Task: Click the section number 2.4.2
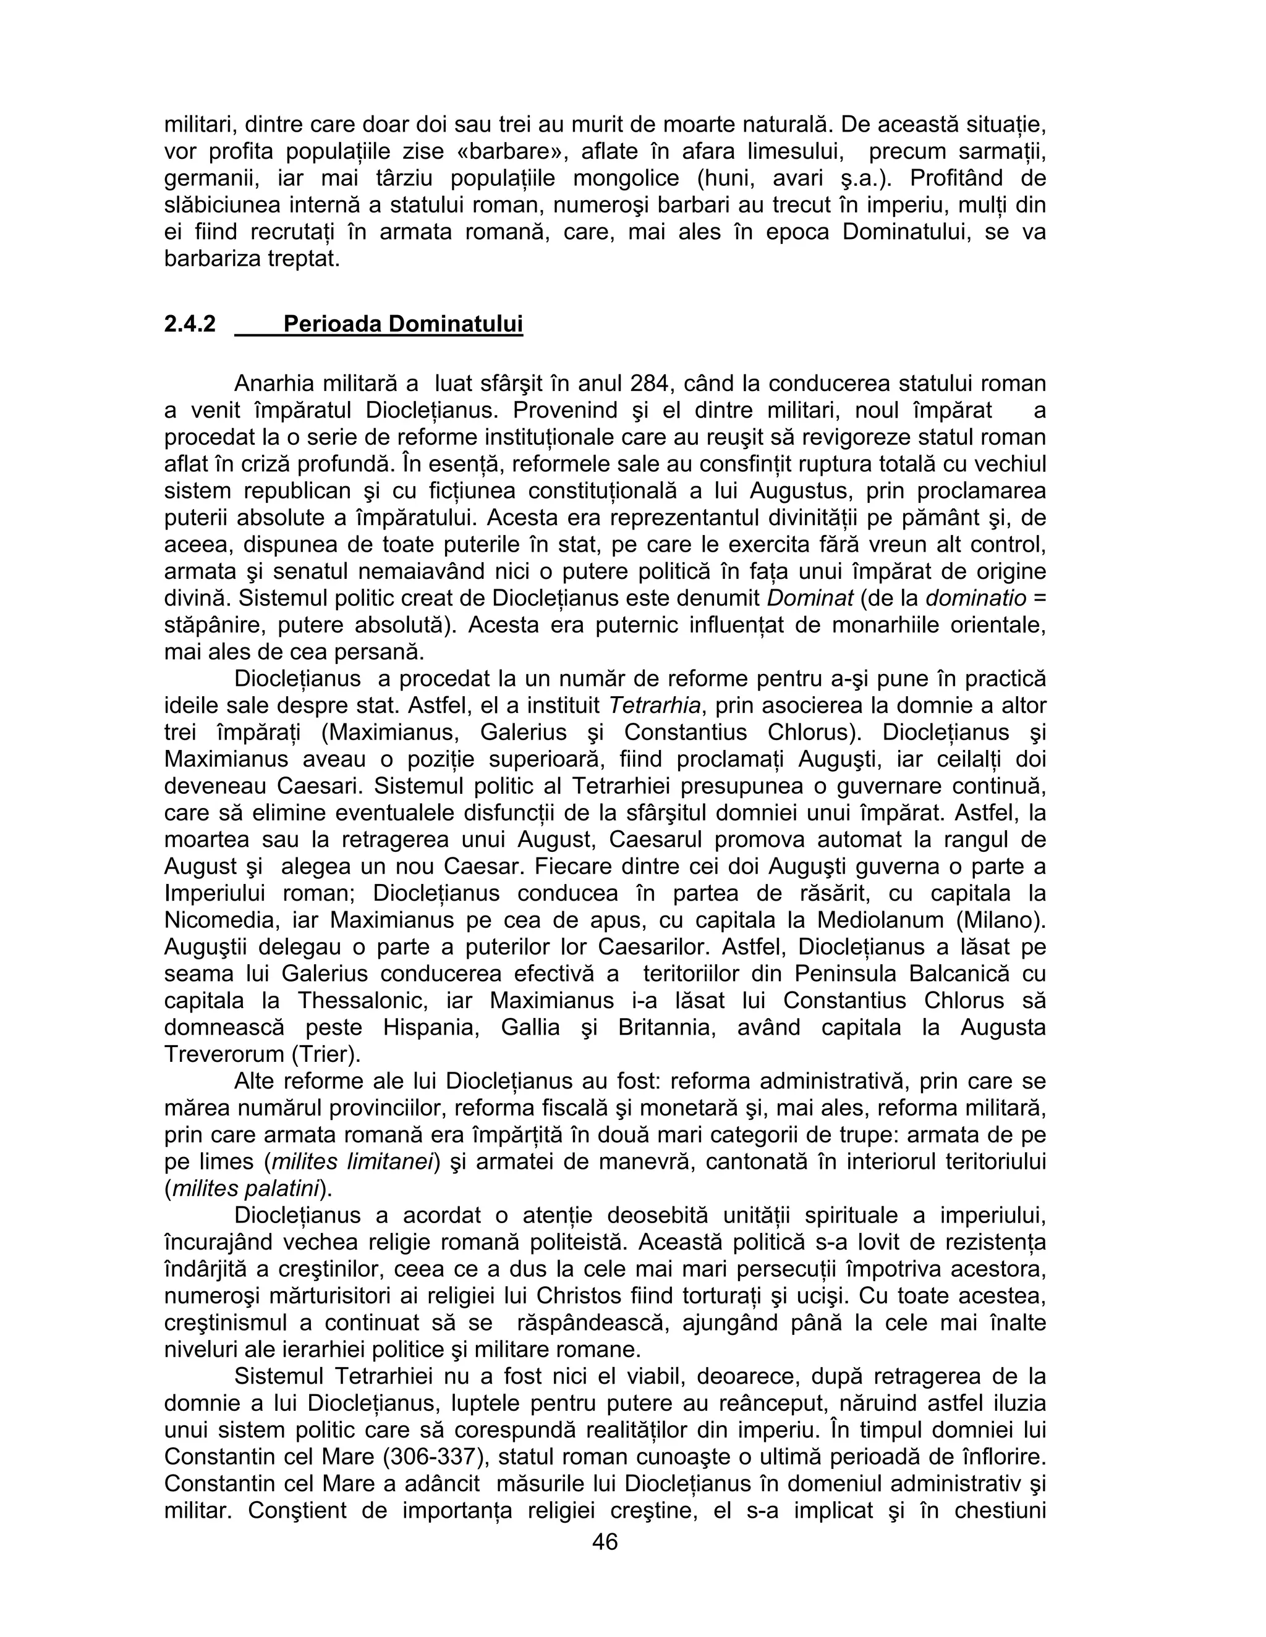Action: click(x=190, y=324)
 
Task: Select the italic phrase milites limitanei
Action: click(x=352, y=1162)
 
